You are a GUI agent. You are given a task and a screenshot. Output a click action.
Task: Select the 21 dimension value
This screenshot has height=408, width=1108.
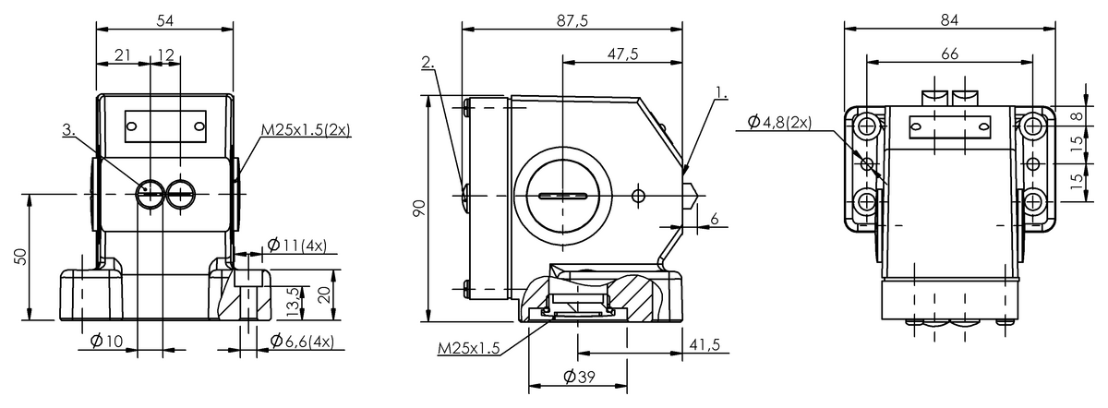(122, 55)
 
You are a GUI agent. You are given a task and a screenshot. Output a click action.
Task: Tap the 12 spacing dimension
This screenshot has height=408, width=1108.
(165, 55)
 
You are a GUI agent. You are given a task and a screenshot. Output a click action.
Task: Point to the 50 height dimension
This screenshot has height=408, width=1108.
(20, 257)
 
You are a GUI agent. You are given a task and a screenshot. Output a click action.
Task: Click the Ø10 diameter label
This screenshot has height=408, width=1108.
(107, 342)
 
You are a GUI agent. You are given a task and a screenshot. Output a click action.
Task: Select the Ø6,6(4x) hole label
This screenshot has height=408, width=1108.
(301, 342)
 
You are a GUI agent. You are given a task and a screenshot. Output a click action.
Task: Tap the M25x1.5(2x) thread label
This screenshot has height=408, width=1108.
(306, 130)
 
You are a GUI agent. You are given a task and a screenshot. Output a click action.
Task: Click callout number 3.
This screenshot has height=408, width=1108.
(68, 131)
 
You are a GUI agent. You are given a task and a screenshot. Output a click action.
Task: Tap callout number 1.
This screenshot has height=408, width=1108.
(720, 93)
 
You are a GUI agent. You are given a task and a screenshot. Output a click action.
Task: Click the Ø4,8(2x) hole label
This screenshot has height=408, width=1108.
(774, 122)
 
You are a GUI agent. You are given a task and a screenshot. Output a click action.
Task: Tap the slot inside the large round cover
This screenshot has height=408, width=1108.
(560, 196)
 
